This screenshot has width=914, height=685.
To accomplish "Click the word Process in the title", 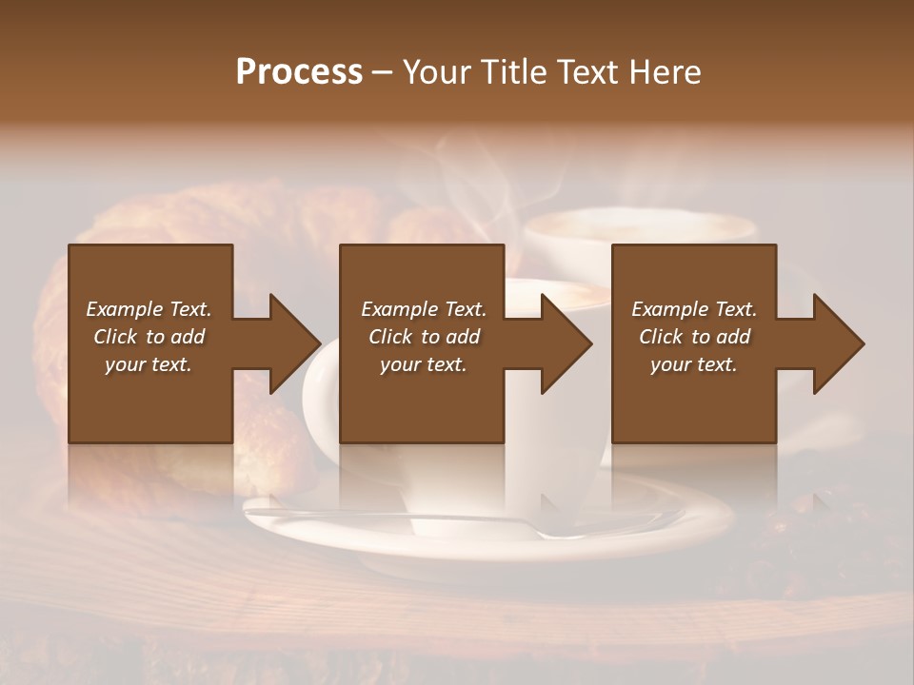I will click(x=299, y=72).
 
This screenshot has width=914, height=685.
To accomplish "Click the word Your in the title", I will click(x=437, y=72).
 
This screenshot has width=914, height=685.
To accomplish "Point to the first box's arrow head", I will click(x=289, y=343).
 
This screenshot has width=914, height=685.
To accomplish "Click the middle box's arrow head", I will click(x=562, y=343).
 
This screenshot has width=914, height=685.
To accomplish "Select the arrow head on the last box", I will click(x=834, y=343).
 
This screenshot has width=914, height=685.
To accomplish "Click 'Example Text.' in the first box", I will click(x=149, y=309).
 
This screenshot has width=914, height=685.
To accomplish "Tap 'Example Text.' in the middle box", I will click(x=424, y=309).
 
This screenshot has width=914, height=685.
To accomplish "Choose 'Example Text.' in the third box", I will click(x=694, y=309).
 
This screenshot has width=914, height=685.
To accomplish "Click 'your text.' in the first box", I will click(x=149, y=364).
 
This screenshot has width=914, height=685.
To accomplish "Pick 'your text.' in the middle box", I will click(x=424, y=364).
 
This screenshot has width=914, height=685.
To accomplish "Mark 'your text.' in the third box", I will click(x=694, y=364).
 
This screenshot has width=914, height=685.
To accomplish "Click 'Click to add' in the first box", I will click(x=149, y=337).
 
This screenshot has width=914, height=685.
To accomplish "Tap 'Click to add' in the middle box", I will click(x=424, y=337).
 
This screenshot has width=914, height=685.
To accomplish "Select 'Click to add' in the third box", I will click(x=694, y=337).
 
